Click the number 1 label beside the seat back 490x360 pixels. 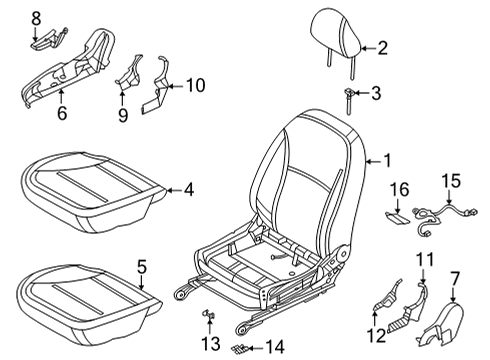coord(387,159)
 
